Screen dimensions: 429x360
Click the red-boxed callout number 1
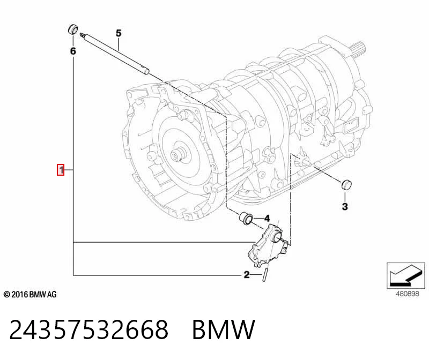[x=61, y=170]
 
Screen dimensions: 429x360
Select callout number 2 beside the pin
[x=247, y=274]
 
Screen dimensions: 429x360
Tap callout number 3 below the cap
[x=345, y=206]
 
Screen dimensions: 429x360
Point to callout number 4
[x=267, y=218]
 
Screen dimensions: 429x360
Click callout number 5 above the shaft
[x=118, y=33]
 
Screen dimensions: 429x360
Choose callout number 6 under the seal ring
[x=73, y=51]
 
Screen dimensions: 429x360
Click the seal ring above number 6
[x=73, y=29]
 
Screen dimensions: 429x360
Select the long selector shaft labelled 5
[x=115, y=54]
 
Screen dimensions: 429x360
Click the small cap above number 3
[x=346, y=184]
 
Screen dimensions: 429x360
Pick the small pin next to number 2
[x=265, y=275]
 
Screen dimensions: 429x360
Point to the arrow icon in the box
[x=405, y=275]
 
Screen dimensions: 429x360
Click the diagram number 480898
[x=408, y=294]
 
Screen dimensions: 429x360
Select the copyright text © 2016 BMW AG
[x=30, y=295]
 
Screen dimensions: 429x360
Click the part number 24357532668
[x=88, y=329]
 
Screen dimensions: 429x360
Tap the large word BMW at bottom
[x=224, y=329]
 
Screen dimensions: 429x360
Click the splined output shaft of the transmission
[x=358, y=49]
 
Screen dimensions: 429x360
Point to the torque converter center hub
[x=177, y=155]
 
